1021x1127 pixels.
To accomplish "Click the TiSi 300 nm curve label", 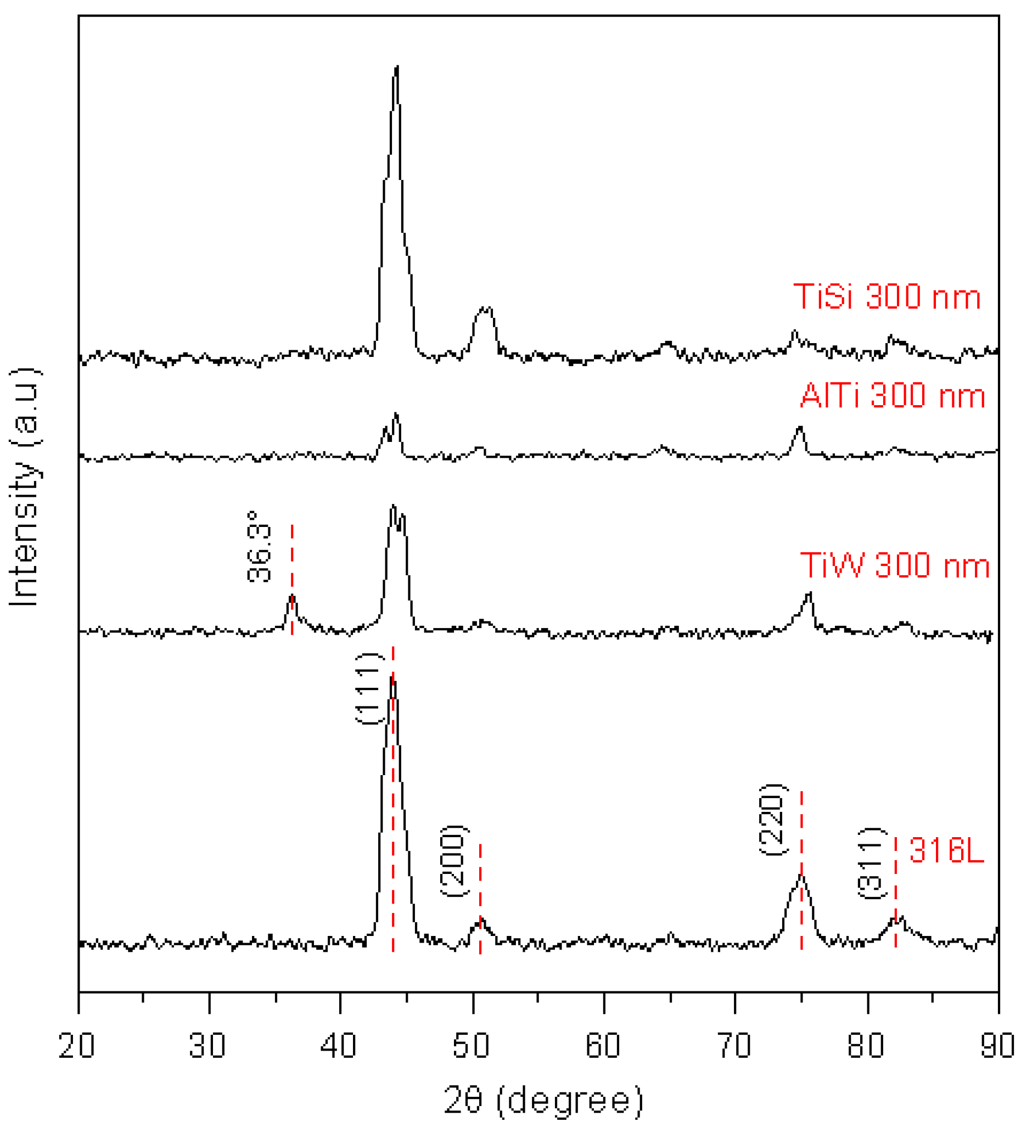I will (x=887, y=296).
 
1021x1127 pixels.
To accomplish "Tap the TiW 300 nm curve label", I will (x=895, y=565).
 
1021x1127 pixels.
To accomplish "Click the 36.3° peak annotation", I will (x=260, y=547).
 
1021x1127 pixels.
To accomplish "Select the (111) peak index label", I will (x=369, y=689).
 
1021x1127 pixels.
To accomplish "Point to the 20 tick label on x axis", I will (x=77, y=1045).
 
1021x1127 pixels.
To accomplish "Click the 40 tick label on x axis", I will (x=339, y=1045).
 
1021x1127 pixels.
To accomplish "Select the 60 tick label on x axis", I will (x=603, y=1045).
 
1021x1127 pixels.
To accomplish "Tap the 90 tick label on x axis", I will (x=998, y=1045).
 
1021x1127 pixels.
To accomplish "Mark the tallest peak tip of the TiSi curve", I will (x=396, y=67).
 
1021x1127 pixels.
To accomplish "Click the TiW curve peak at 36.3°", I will (x=292, y=597).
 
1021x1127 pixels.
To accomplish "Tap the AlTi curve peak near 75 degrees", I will (x=800, y=428).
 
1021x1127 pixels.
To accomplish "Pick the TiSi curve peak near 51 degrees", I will (x=484, y=309).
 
